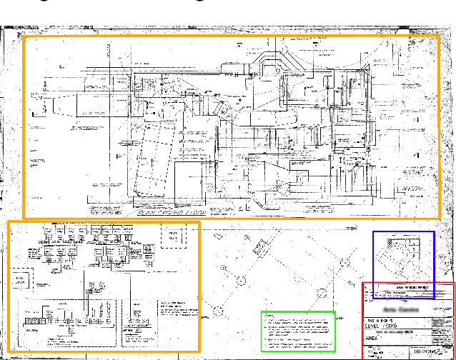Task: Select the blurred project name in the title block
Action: [389, 310]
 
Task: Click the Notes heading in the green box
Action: [270, 316]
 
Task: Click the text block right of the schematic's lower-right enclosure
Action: [174, 309]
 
